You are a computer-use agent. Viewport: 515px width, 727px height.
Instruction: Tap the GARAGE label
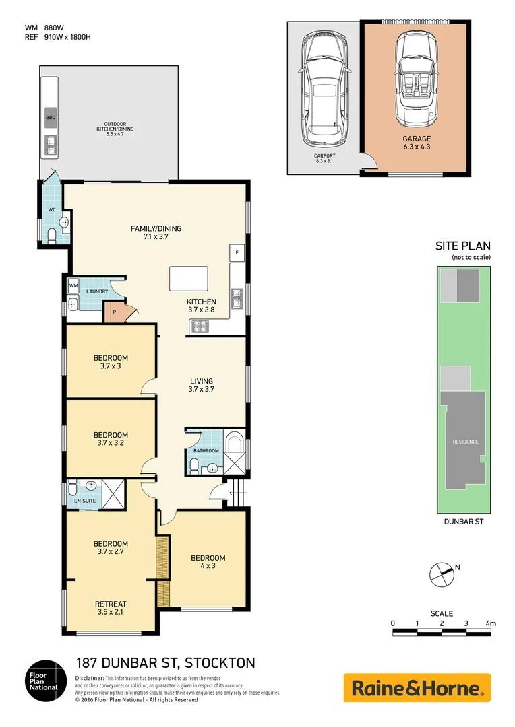point(417,139)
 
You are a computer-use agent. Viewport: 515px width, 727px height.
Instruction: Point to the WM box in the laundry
point(73,286)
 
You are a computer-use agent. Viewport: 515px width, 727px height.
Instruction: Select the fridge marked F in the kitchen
point(237,253)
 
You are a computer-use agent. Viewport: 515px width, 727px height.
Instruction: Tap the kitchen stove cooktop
point(201,326)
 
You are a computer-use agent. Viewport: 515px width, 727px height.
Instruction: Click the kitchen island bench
point(189,278)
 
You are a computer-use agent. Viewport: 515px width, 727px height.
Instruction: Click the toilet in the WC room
point(53,235)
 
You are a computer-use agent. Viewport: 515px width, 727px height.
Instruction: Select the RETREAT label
point(111,604)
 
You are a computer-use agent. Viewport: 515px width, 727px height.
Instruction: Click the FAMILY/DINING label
point(156,228)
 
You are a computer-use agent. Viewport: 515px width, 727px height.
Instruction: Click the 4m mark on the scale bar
point(491,624)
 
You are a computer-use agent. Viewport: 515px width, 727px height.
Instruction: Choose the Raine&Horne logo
point(417,688)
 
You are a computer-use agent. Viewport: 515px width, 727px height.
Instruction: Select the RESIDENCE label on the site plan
point(465,442)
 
